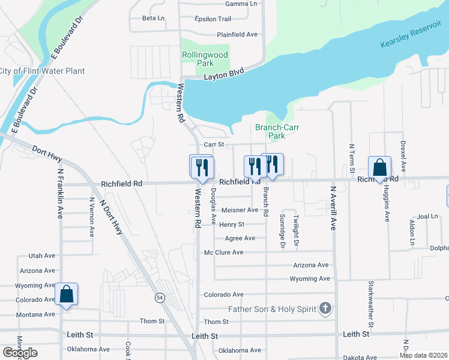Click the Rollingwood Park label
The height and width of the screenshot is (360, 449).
(x=205, y=59)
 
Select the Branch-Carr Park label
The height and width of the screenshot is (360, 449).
(x=277, y=131)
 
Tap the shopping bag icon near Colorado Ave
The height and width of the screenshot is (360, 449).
(x=67, y=295)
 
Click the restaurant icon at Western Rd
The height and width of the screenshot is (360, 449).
(x=202, y=166)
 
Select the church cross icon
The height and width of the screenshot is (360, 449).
(x=325, y=309)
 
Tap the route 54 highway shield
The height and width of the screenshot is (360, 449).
(x=159, y=297)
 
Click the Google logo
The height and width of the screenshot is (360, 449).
(x=20, y=353)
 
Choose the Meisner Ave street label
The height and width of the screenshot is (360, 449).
(x=240, y=210)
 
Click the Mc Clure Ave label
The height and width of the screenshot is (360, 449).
(x=224, y=253)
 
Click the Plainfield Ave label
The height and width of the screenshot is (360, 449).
(x=237, y=34)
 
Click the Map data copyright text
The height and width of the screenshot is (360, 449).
(x=424, y=355)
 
